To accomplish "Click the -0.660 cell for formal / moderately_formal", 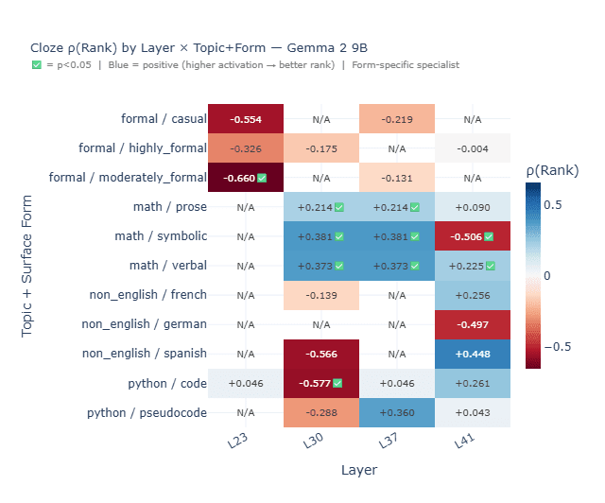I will click(x=245, y=178).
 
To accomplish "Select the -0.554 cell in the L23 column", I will click(x=245, y=119).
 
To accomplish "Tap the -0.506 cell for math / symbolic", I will click(x=472, y=236).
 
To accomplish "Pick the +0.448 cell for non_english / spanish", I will click(x=472, y=355).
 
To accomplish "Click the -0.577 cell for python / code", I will click(x=320, y=384).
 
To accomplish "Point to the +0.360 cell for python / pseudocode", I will click(x=396, y=413).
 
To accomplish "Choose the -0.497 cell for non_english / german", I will click(x=472, y=325).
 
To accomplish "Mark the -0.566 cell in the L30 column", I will click(x=320, y=355).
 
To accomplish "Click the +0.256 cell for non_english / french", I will click(x=472, y=295).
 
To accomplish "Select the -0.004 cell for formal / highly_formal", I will click(x=472, y=148).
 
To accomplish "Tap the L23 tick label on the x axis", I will click(x=242, y=442).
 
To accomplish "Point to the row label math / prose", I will click(x=170, y=207).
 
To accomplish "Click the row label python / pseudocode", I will click(x=147, y=413).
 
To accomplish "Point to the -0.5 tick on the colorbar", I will click(x=563, y=346).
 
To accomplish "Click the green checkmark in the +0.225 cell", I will click(x=490, y=266).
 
